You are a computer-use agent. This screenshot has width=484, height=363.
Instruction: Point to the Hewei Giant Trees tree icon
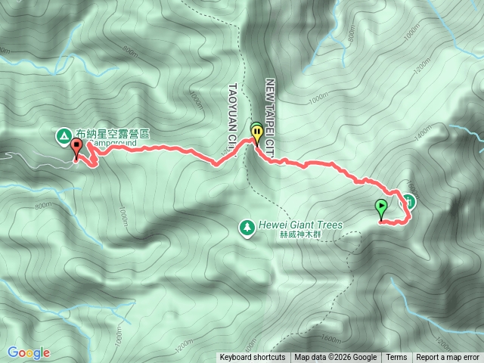coord(247,225)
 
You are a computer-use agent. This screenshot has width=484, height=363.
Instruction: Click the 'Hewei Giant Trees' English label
coord(299,225)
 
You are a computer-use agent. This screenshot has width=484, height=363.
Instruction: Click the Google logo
coord(29,352)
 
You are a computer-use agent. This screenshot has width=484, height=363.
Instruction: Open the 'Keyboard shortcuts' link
coord(253,358)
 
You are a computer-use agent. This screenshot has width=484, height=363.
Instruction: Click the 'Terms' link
coord(396,358)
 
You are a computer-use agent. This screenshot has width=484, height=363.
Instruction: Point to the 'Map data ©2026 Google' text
coord(336,358)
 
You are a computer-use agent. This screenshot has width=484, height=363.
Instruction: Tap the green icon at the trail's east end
coord(408,200)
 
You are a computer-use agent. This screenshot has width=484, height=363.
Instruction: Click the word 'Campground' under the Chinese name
coord(116,143)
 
